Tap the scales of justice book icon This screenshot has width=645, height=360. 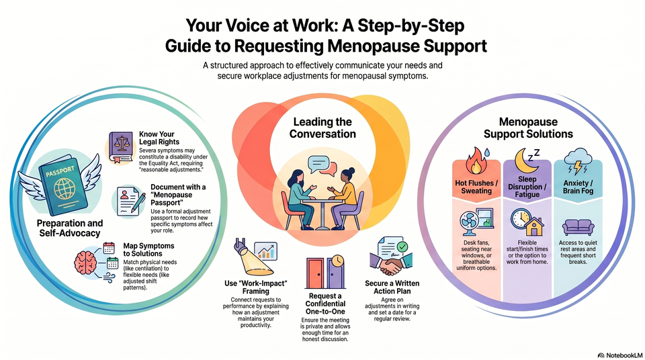coord(120,147)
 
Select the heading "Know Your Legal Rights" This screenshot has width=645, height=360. coord(159,138)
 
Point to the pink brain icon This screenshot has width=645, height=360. coord(85,263)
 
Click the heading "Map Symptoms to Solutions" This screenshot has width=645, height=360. coord(148,250)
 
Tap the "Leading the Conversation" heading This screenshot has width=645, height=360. coord(322,128)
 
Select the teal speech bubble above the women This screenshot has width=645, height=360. coord(318,164)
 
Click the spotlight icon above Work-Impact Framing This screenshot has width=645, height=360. coord(252,259)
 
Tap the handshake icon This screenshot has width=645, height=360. coord(387,264)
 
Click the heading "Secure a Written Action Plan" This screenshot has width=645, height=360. coord(392,287)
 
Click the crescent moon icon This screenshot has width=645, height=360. coord(525,161)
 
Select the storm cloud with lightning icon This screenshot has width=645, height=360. coord(578,162)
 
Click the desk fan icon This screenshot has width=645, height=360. coord(470,223)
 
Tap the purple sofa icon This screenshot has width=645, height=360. coord(578,227)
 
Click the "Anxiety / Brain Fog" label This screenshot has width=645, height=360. coord(578,187)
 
